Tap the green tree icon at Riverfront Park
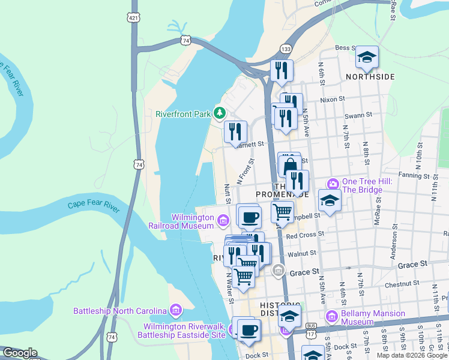(x=220, y=113)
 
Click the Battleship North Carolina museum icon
(x=175, y=310)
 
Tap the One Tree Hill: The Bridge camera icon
(x=332, y=183)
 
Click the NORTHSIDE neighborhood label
(x=370, y=77)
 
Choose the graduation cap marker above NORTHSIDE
(x=367, y=58)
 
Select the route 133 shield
(x=286, y=49)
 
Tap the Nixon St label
(x=333, y=99)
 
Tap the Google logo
(x=20, y=353)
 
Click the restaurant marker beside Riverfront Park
(x=235, y=132)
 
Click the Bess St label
(x=346, y=47)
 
